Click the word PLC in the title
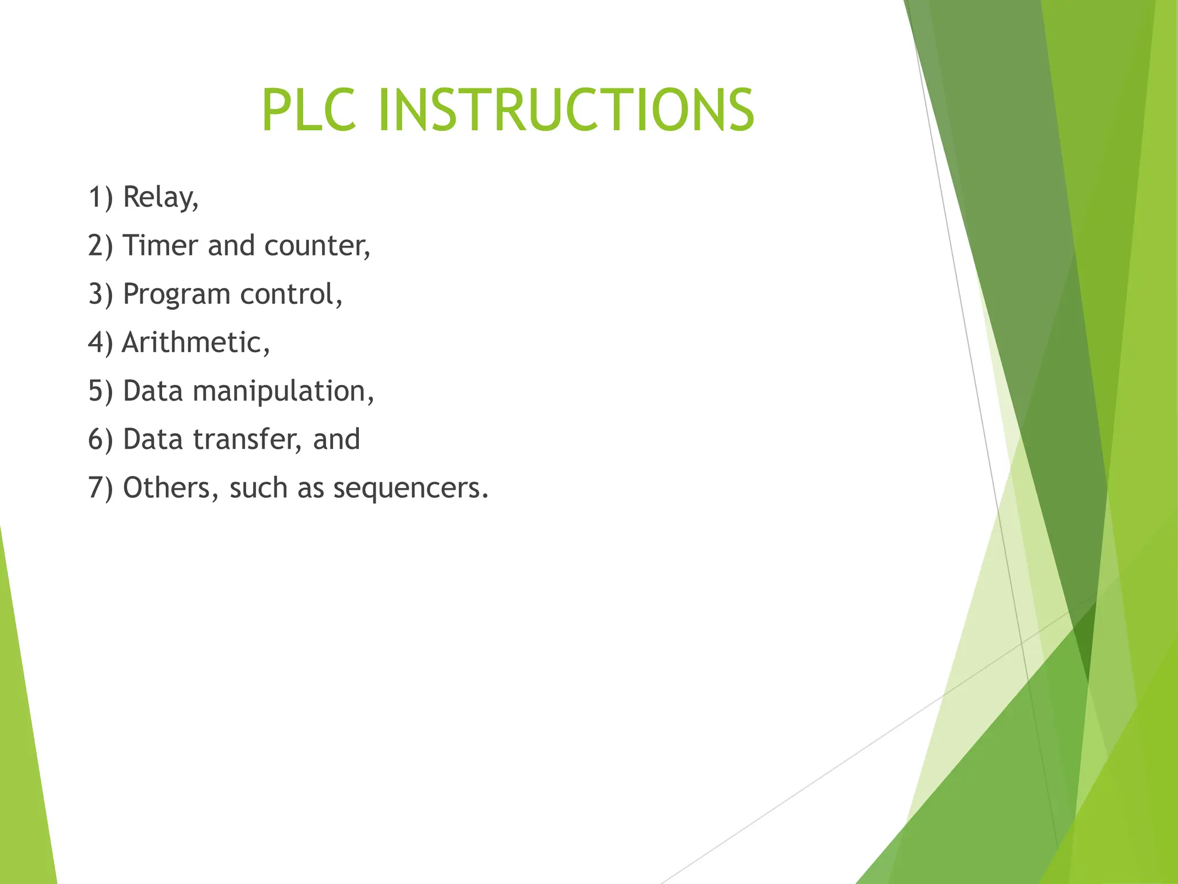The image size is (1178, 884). pyautogui.click(x=309, y=110)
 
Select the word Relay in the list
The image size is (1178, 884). pyautogui.click(x=160, y=198)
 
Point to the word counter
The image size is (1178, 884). pyautogui.click(x=317, y=246)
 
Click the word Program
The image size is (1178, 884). pyautogui.click(x=177, y=295)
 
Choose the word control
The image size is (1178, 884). pyautogui.click(x=290, y=294)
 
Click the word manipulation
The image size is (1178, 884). pyautogui.click(x=283, y=392)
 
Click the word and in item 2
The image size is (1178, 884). pyautogui.click(x=231, y=246)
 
